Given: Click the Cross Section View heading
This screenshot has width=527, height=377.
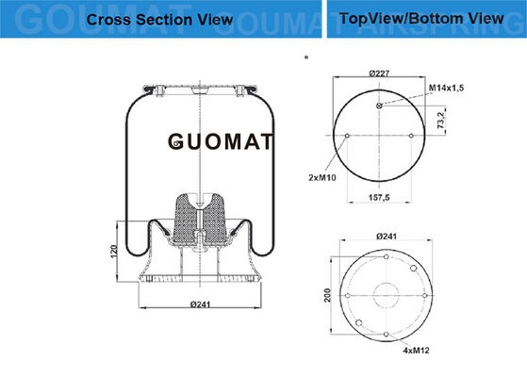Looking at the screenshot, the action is [x=159, y=20].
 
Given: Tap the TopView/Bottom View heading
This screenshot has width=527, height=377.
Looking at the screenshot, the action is [x=421, y=19].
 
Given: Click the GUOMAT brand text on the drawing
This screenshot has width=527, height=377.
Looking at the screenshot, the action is [x=221, y=141].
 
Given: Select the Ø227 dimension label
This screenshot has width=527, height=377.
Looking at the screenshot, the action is [x=379, y=73].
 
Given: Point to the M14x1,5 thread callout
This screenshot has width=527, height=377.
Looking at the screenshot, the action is [x=446, y=88].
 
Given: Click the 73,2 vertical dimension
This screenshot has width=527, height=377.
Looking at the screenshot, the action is [x=440, y=121].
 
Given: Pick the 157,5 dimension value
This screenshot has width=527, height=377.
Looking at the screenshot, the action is [x=379, y=198].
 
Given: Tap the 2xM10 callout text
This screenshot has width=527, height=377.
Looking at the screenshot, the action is [x=322, y=177].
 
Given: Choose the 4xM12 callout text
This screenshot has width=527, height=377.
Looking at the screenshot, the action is [x=416, y=351].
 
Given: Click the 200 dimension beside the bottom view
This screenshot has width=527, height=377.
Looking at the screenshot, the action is [x=327, y=295].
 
